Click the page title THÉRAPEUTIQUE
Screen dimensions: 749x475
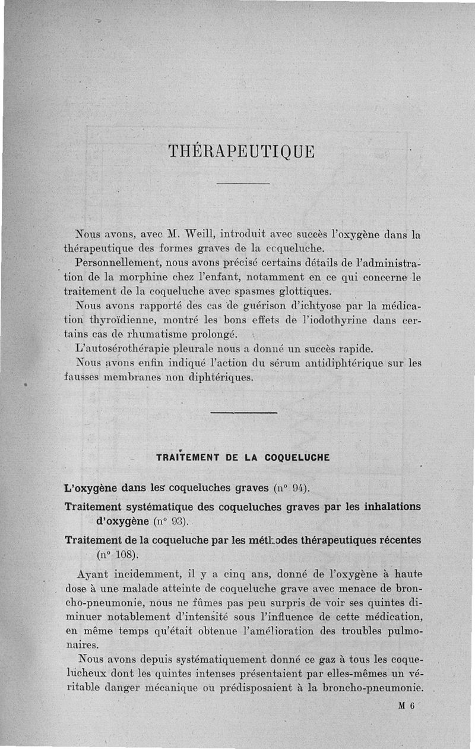pos(241,151)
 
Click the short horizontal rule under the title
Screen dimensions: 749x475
pos(243,184)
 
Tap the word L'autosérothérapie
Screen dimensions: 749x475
pos(124,349)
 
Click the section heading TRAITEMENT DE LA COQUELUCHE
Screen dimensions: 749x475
pos(243,458)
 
